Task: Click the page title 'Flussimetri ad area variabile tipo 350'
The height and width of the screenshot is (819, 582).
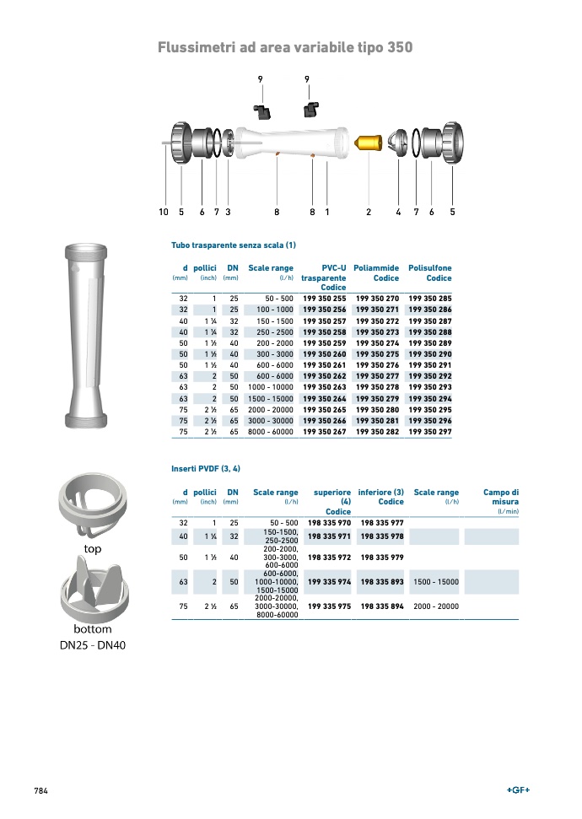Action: (x=285, y=47)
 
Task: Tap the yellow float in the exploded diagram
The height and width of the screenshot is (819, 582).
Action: (x=369, y=143)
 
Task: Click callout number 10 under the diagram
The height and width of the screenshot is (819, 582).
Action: (x=164, y=212)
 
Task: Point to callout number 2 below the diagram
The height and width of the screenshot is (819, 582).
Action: (x=369, y=212)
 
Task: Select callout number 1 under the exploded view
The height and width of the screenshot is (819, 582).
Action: (x=327, y=212)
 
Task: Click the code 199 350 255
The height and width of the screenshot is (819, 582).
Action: (x=325, y=299)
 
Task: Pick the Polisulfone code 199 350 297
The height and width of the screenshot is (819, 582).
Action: (x=430, y=432)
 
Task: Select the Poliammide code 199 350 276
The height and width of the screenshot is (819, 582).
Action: (x=377, y=365)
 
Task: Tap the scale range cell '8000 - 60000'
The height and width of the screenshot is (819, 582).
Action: (x=271, y=432)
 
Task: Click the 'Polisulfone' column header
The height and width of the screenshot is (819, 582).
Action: (x=430, y=268)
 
